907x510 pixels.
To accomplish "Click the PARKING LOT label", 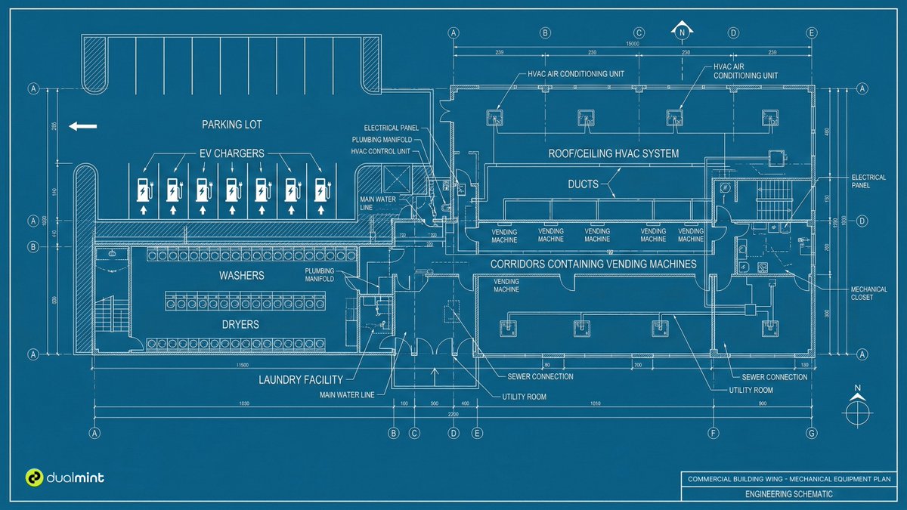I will pyautogui.click(x=231, y=124).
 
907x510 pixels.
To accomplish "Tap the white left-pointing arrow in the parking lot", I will pyautogui.click(x=82, y=126).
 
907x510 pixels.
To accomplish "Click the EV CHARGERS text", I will pyautogui.click(x=231, y=153).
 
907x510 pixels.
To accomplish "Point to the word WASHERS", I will pyautogui.click(x=242, y=276).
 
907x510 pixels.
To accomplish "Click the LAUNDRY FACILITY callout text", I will pyautogui.click(x=301, y=380).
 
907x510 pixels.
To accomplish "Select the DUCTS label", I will pyautogui.click(x=583, y=184).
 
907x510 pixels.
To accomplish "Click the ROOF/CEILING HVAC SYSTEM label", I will pyautogui.click(x=613, y=153).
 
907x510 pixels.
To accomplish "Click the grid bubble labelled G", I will pyautogui.click(x=811, y=434).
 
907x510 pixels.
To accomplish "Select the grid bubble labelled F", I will pyautogui.click(x=713, y=434).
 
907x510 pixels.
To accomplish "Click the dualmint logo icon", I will pyautogui.click(x=34, y=478).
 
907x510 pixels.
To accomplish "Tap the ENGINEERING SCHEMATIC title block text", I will pyautogui.click(x=789, y=494).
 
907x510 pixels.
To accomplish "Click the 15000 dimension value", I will pyautogui.click(x=633, y=45).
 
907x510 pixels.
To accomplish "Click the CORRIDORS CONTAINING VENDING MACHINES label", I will pyautogui.click(x=593, y=264).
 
